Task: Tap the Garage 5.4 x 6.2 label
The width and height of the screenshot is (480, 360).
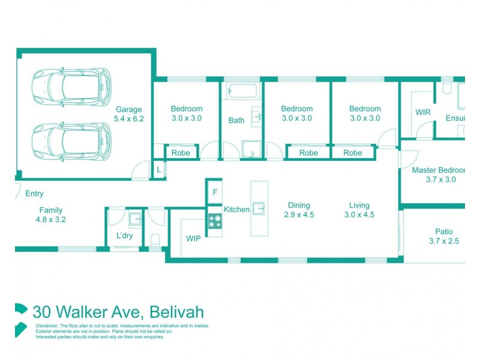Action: [x=130, y=114]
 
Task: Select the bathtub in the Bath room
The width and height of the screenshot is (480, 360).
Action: [x=242, y=92]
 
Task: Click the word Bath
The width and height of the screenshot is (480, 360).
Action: [x=236, y=120]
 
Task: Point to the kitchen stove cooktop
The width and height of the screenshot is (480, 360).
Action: [x=215, y=221]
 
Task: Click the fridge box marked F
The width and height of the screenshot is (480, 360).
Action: [x=214, y=193]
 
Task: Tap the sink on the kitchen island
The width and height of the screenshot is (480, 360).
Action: [x=259, y=208]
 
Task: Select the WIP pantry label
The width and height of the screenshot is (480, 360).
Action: [x=193, y=239]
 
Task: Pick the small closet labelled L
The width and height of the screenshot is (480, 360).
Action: [x=158, y=170]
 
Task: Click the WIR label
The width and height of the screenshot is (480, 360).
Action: [x=424, y=112]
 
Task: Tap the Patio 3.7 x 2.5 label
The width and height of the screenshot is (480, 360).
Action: [x=444, y=236]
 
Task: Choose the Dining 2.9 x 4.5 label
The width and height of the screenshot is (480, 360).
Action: [x=299, y=210]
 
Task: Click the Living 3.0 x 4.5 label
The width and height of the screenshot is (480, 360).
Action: [x=359, y=210]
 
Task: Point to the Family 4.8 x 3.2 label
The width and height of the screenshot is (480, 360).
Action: [x=51, y=215]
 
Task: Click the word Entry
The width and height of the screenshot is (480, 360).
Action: [x=34, y=194]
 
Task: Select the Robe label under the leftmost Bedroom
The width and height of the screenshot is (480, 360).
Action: [x=181, y=153]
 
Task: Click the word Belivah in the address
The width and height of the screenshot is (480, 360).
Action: [x=177, y=312]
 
